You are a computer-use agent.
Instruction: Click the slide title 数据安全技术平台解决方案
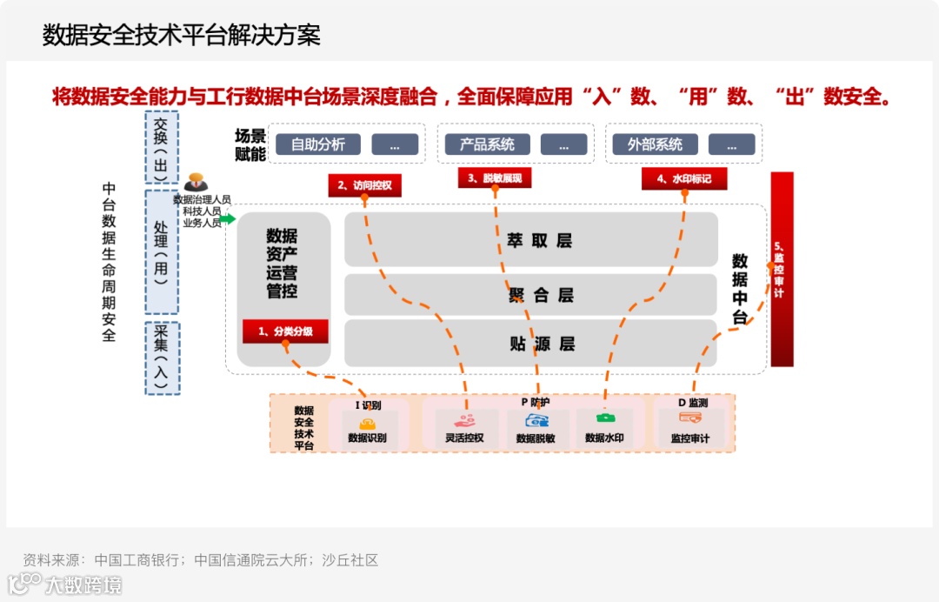coord(182,35)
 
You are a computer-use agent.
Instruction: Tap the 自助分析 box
coord(317,144)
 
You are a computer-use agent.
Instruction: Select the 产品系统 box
coord(487,144)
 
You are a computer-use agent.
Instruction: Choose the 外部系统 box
coord(655,144)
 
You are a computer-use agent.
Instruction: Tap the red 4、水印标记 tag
coord(684,179)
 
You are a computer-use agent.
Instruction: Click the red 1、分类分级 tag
coord(285,331)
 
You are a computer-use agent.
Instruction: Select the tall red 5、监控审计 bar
coord(782,269)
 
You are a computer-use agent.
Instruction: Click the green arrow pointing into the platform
coord(227,219)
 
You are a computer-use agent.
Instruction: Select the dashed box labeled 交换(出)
coord(162,148)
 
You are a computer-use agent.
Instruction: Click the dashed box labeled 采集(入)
coord(162,357)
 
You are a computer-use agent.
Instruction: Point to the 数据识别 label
coord(367,438)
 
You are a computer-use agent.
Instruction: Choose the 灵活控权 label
coord(464,438)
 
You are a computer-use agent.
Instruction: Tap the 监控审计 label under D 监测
coord(689,438)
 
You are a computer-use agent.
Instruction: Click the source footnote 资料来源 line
coord(201,560)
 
